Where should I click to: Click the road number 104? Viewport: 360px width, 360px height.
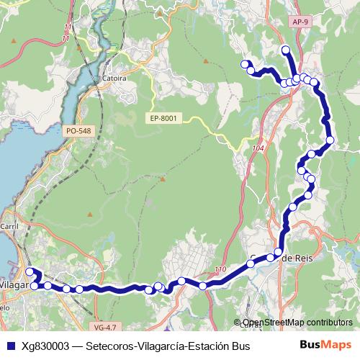pyautogui.click(x=259, y=147)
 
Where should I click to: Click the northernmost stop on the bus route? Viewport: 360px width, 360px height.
pyautogui.click(x=286, y=50)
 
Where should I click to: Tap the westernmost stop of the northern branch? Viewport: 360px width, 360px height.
pyautogui.click(x=244, y=64)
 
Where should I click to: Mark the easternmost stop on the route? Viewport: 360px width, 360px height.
pyautogui.click(x=330, y=140)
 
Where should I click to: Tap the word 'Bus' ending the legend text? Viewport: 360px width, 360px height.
pyautogui.click(x=239, y=346)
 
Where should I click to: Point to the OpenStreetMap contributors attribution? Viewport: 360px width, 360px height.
pyautogui.click(x=298, y=323)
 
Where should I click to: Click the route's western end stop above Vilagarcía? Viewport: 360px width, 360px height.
pyautogui.click(x=30, y=272)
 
